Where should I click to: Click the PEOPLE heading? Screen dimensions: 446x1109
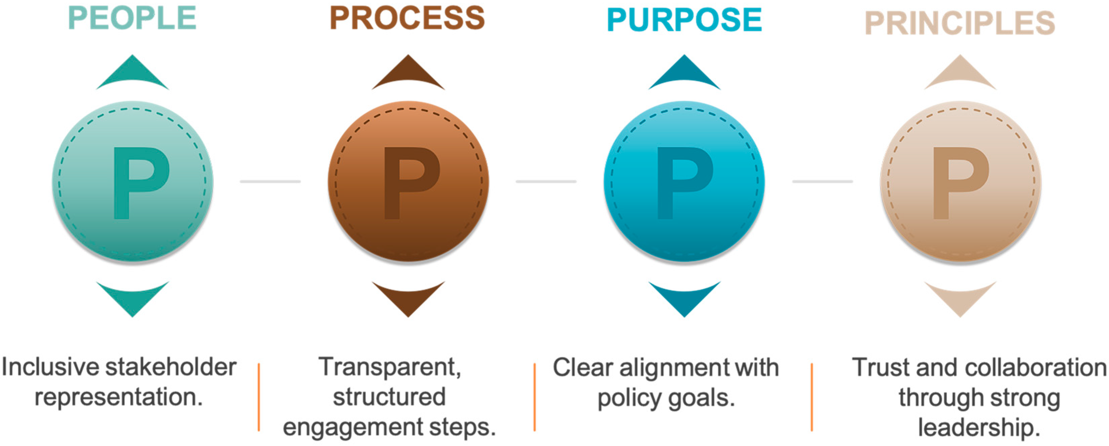(132, 18)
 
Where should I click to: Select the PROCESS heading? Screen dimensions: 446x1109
(407, 18)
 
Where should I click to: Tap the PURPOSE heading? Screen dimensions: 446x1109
(684, 19)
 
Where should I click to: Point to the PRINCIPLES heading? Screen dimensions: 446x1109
(960, 23)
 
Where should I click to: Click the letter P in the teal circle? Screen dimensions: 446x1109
(140, 183)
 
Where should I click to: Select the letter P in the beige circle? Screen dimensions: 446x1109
(960, 183)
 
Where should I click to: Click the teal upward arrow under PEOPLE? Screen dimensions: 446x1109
(132, 73)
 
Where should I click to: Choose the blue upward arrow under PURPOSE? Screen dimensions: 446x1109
(684, 73)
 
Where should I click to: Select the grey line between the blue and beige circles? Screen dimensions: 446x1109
(822, 181)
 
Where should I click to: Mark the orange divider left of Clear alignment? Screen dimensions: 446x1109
(535, 397)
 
